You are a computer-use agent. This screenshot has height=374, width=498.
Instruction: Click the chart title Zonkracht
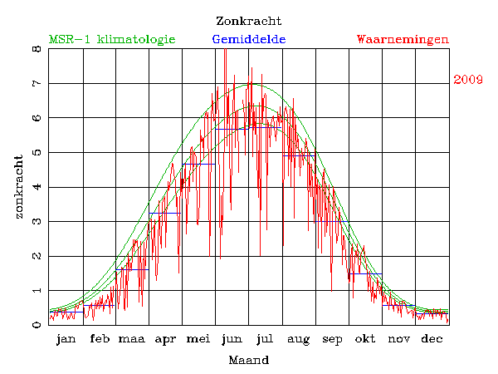[x=248, y=21]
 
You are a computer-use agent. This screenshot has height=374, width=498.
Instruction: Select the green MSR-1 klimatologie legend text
[x=112, y=39]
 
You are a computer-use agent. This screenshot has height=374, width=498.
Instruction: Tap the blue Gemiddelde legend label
[x=248, y=39]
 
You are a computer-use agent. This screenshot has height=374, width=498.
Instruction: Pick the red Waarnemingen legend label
[x=403, y=39]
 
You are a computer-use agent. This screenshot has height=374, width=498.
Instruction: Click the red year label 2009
[x=469, y=80]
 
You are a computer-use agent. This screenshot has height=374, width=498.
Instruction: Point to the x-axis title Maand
[x=248, y=360]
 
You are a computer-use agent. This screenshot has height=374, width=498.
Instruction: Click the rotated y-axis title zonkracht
[x=18, y=187]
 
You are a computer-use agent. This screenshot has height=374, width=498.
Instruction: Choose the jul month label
[x=266, y=339]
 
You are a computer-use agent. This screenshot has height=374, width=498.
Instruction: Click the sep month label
[x=332, y=339]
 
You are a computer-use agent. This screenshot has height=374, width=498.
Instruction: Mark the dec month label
[x=432, y=339]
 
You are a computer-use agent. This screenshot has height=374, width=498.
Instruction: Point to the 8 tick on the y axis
[x=37, y=49]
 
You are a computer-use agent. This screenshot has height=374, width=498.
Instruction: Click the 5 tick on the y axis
[x=37, y=153]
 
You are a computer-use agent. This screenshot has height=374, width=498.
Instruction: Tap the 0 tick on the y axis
[x=37, y=325]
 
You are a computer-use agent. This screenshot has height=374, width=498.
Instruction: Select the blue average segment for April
[x=165, y=214]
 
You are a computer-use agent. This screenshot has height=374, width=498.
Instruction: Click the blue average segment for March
[x=133, y=269]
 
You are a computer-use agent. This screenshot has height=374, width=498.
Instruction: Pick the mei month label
[x=198, y=339]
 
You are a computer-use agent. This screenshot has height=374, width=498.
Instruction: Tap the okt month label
[x=365, y=339]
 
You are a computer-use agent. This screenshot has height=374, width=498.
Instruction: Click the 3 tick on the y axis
[x=37, y=222]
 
